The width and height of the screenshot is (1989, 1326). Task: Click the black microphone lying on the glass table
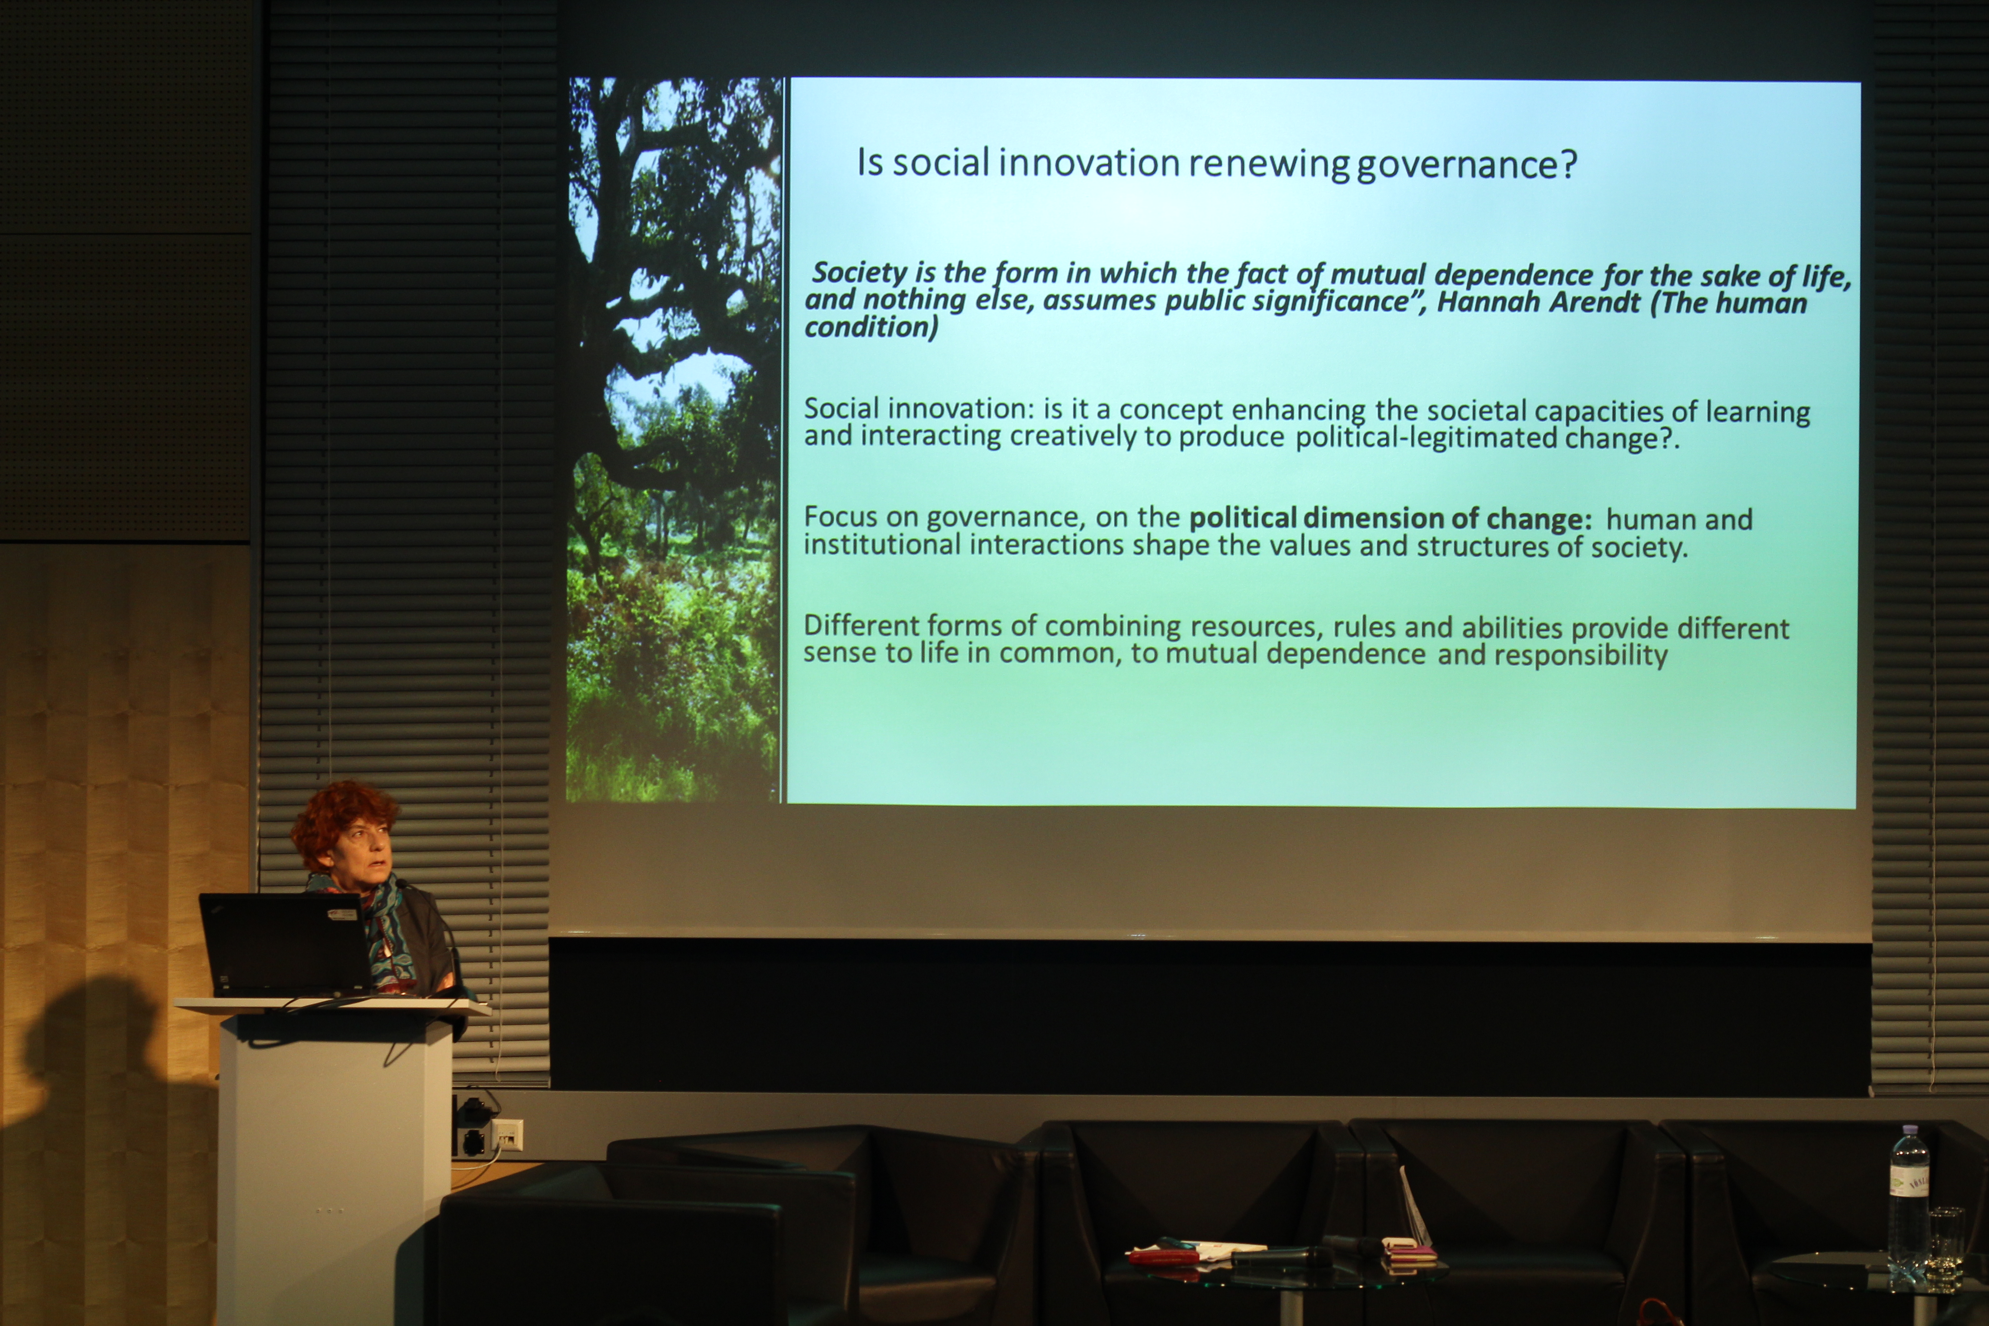[1281, 1257]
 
